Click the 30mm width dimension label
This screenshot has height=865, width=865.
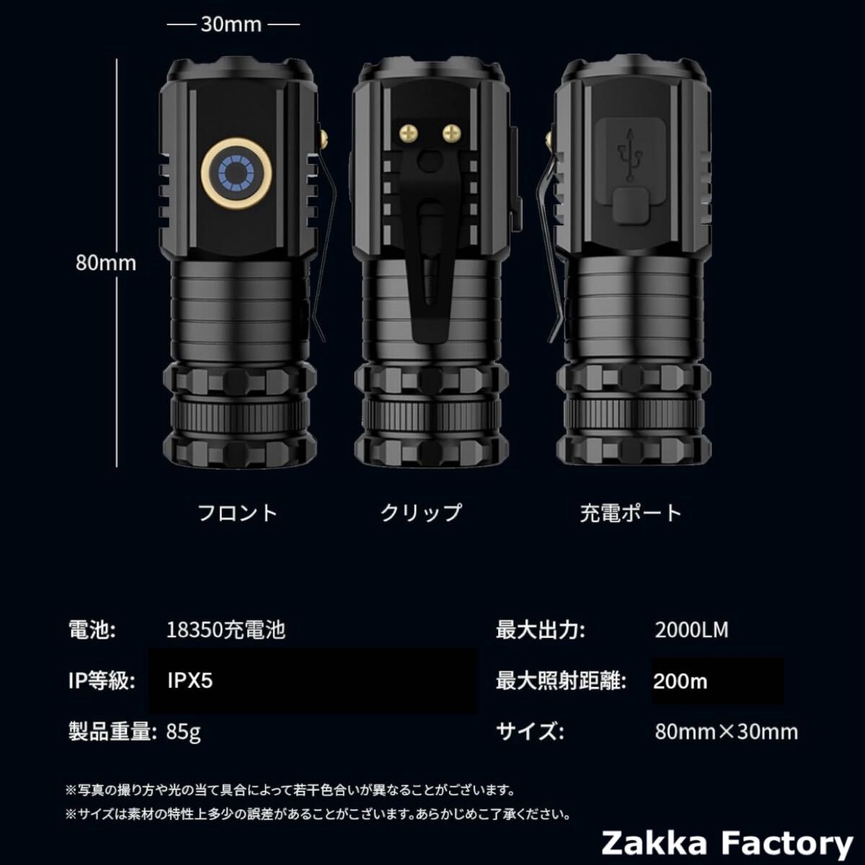coord(231,25)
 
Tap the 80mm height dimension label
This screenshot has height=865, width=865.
coord(106,262)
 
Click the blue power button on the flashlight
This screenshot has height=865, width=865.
coord(236,174)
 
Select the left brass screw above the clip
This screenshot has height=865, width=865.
coord(408,132)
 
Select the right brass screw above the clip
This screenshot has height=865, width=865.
coord(451,132)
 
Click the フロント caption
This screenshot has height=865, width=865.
coord(237,513)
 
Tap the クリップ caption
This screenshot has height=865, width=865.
coord(420,513)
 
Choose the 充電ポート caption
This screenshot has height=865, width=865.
coord(630,513)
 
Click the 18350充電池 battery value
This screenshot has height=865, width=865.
coord(226,630)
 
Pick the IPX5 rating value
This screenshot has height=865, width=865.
coord(190,681)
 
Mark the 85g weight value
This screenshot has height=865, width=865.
coord(183,732)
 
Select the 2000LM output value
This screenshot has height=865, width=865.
coord(691,630)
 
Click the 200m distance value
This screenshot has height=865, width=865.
coord(680,681)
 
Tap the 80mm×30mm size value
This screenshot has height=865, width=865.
coord(726,732)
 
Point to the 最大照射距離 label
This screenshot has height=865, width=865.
coord(561,681)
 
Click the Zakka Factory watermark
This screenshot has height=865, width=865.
coord(727,842)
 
